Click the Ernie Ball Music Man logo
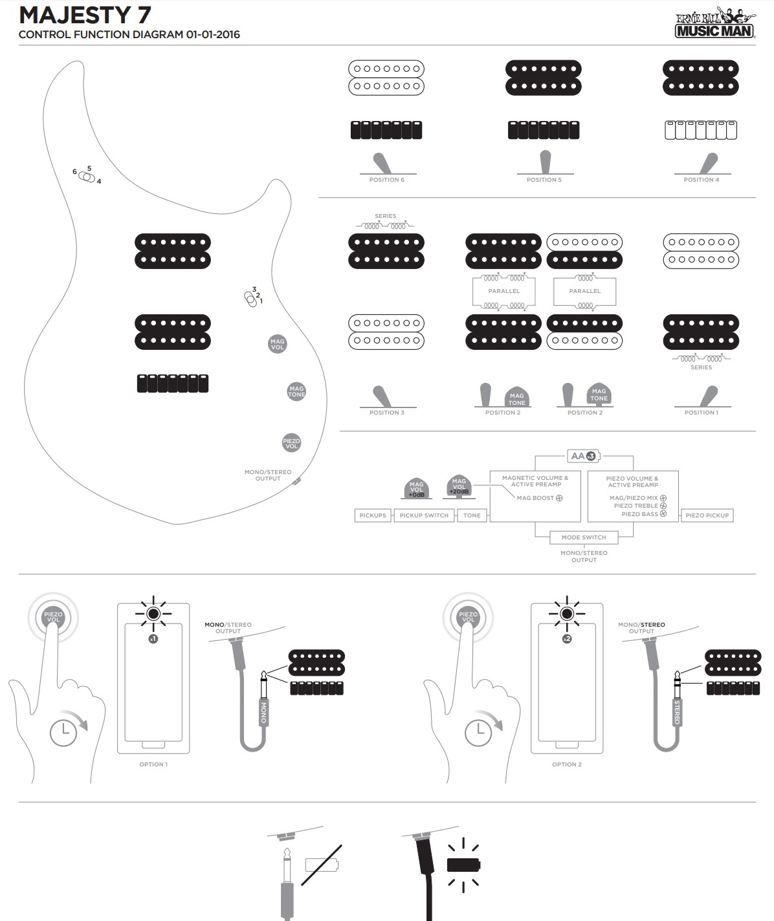click(714, 23)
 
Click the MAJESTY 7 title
click(85, 15)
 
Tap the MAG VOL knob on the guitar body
click(277, 344)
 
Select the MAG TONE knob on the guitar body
click(296, 391)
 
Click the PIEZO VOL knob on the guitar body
click(292, 443)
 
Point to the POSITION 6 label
click(386, 180)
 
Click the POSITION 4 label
click(701, 180)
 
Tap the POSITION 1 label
click(701, 413)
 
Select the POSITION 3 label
click(386, 413)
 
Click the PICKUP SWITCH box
click(424, 515)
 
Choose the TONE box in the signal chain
click(472, 515)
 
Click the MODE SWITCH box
click(584, 537)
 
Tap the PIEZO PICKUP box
click(707, 515)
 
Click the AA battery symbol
click(584, 456)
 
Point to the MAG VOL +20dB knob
click(459, 486)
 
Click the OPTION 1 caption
click(153, 764)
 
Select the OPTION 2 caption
click(567, 764)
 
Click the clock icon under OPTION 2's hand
click(478, 732)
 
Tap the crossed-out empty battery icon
click(322, 865)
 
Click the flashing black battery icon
click(463, 865)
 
